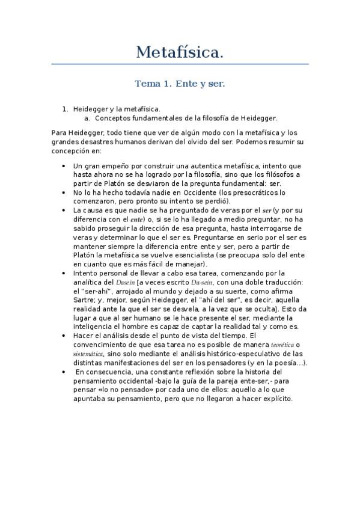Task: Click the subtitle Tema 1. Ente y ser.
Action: point(180,84)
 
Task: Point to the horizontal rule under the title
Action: point(180,64)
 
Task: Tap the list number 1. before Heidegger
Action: point(66,109)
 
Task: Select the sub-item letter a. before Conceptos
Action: point(88,118)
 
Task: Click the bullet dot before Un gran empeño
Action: point(64,165)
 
